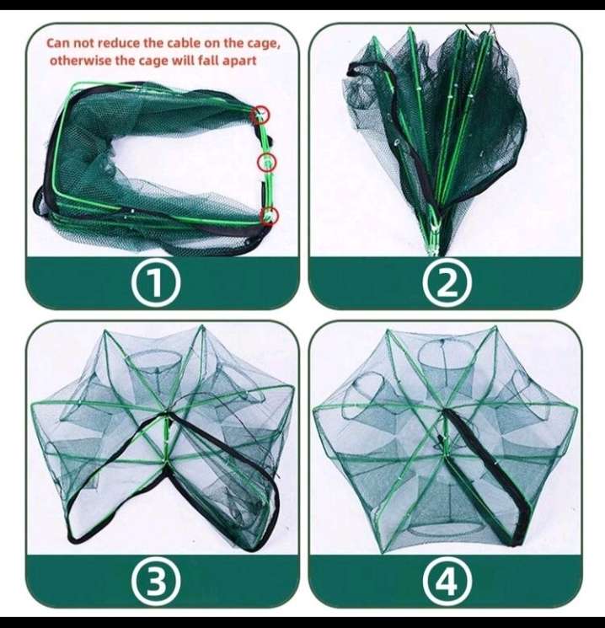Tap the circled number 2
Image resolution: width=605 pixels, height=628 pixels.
(x=446, y=285)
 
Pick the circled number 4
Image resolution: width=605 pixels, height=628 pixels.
(x=446, y=580)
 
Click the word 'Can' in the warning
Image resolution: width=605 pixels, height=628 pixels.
(x=59, y=42)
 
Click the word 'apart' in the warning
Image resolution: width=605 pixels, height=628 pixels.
(x=238, y=60)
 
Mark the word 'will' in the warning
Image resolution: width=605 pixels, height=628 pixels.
(x=181, y=60)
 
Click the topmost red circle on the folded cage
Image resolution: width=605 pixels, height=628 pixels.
(x=262, y=114)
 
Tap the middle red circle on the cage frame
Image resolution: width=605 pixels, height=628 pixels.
(x=267, y=161)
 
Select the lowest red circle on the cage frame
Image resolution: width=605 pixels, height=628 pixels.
(x=269, y=215)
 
